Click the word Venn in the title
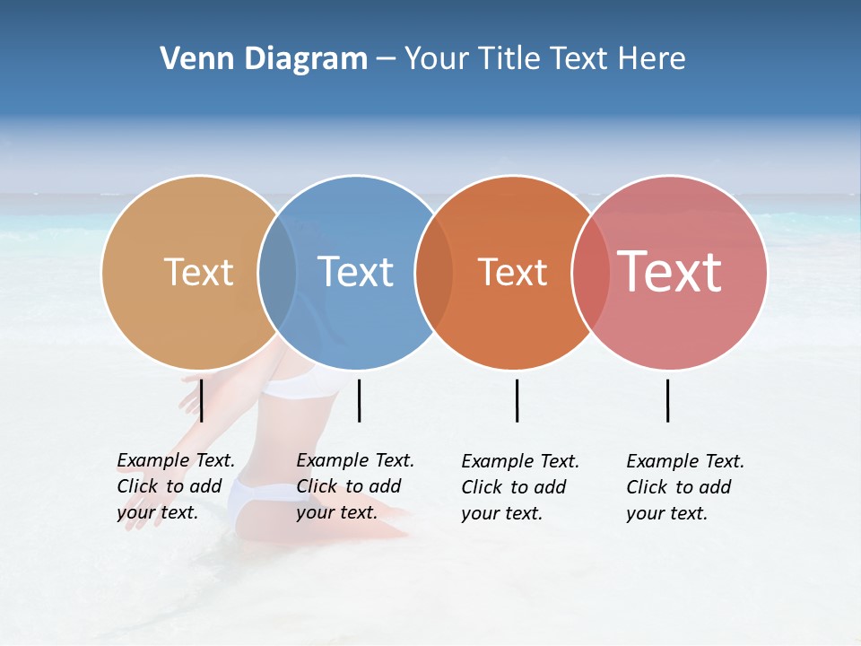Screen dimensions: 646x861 coord(191,59)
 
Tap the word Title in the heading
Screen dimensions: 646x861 coord(509,59)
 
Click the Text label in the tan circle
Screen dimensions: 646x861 coord(198,272)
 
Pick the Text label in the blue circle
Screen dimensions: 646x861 coord(355,272)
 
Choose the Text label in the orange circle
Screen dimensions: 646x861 coord(512,272)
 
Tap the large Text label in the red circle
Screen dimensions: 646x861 coord(670,272)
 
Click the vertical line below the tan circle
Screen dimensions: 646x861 coord(202,400)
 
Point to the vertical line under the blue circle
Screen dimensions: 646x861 coord(359,400)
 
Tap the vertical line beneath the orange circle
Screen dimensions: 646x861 coord(517,400)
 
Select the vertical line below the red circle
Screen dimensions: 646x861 coord(667,400)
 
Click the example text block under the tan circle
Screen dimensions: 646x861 coord(175,486)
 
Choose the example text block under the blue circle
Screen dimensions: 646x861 coord(354,486)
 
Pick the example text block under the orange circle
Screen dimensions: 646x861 coord(519,487)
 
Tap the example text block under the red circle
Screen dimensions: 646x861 coord(684,487)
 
